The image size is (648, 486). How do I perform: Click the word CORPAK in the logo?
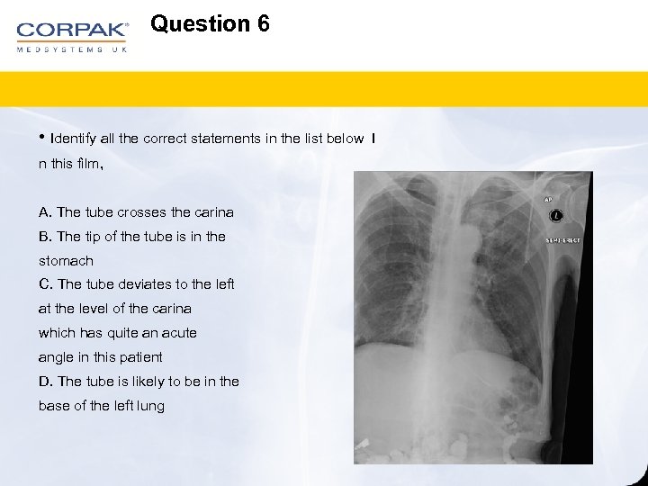72,29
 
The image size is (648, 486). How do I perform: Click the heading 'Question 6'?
210,23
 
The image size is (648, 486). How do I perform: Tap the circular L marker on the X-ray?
556,216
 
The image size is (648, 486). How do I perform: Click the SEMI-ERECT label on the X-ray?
563,240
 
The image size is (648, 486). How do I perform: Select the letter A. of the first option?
45,212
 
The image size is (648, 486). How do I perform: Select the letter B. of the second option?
45,237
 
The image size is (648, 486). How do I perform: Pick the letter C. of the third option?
45,284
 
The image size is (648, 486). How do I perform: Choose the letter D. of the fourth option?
46,382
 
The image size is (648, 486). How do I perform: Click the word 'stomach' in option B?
66,261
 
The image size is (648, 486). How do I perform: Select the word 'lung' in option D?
150,406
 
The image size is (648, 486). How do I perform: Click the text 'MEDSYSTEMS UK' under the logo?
72,49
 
